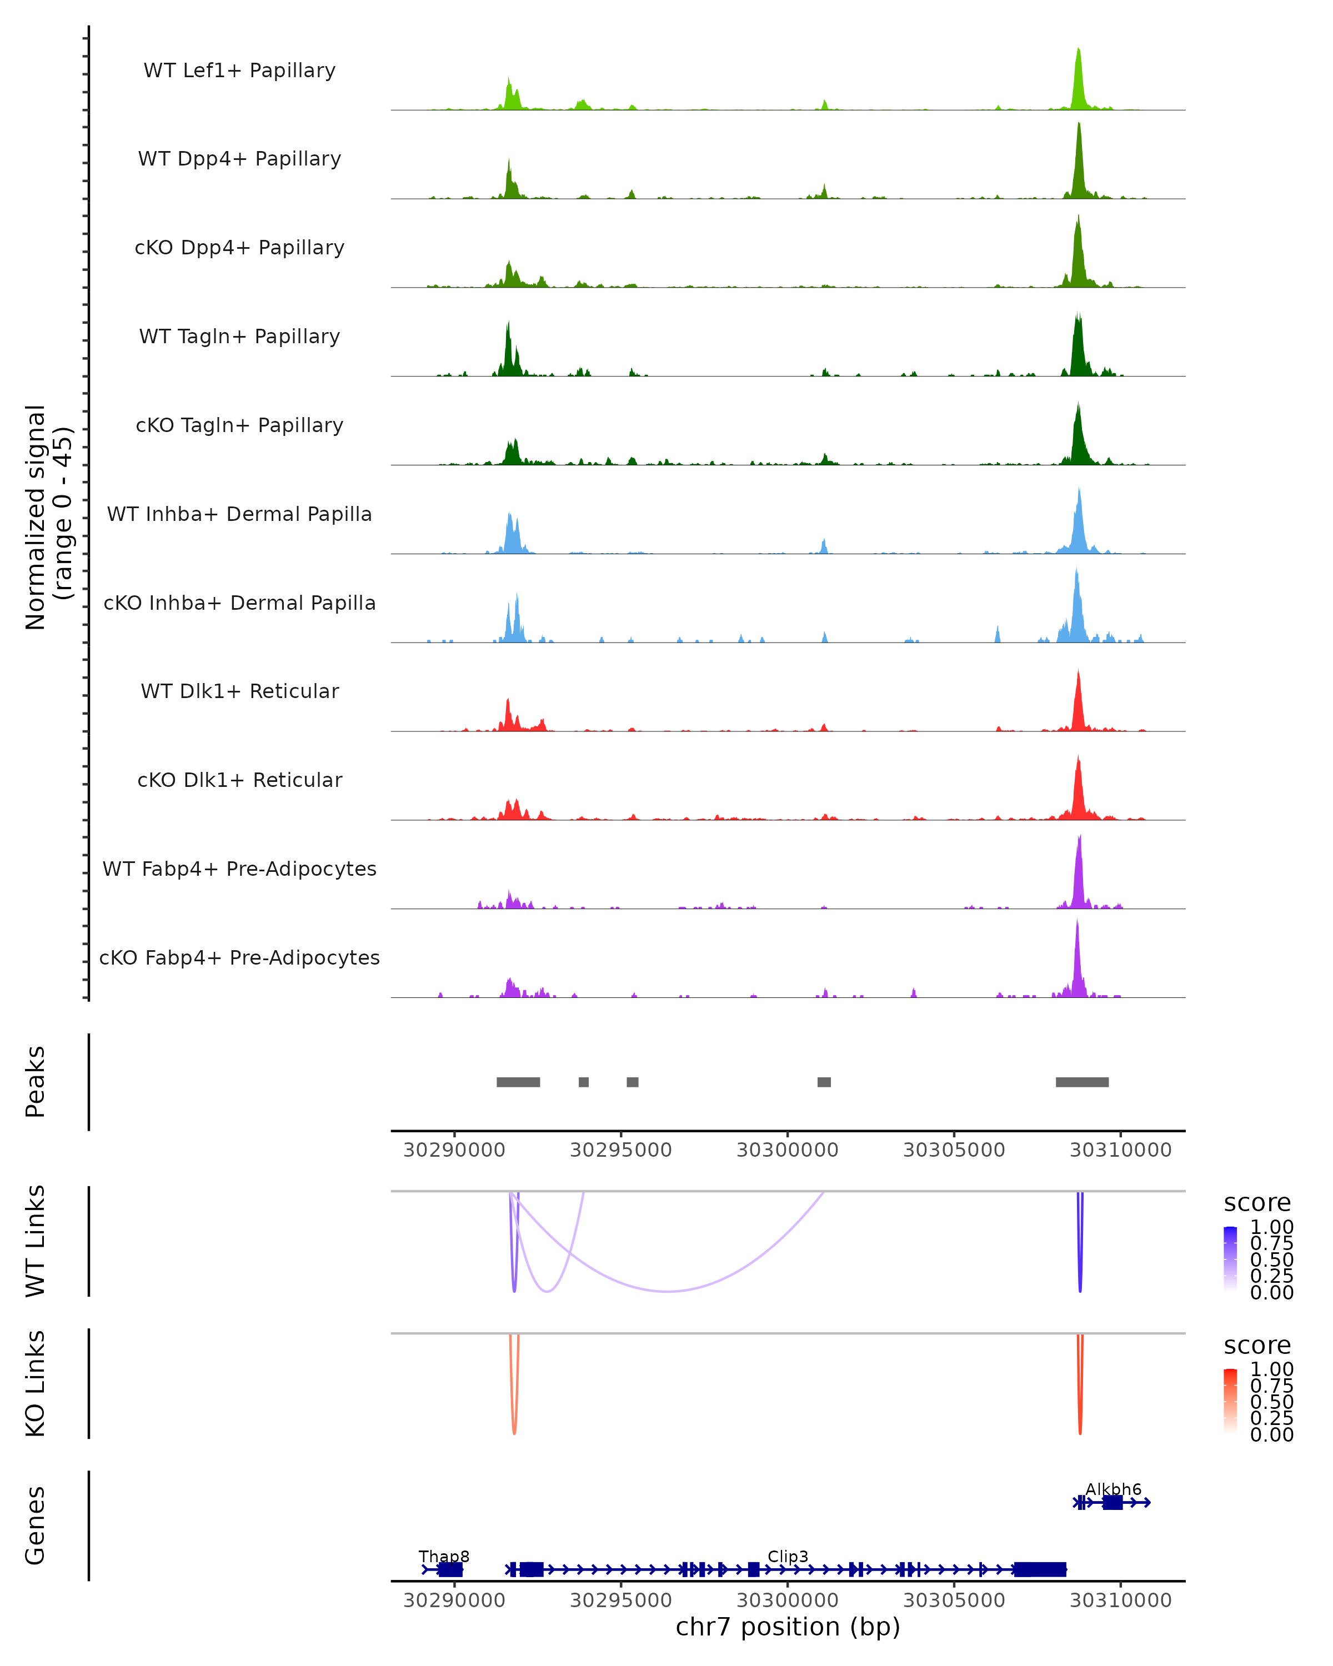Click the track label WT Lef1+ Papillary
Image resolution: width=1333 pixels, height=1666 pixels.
[x=239, y=71]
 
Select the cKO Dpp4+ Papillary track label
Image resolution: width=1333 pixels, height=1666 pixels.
[x=239, y=247]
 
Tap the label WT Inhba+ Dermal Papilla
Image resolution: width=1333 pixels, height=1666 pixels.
[x=239, y=514]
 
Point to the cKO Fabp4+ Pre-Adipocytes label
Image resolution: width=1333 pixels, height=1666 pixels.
[x=239, y=957]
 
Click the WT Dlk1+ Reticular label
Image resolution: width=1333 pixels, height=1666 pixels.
[x=239, y=691]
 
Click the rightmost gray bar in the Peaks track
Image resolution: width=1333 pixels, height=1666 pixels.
[x=1082, y=1082]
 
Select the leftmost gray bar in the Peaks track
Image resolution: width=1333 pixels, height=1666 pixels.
[x=518, y=1082]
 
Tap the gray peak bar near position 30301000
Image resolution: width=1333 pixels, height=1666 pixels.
[x=824, y=1082]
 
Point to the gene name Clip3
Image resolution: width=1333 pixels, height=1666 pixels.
[x=788, y=1556]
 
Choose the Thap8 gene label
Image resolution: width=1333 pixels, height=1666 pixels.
[x=444, y=1556]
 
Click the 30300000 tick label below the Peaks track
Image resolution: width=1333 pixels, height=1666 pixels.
[x=788, y=1150]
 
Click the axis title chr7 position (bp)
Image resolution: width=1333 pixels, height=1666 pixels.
[x=788, y=1627]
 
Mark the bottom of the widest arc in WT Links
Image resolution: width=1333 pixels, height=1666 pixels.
[x=667, y=1291]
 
